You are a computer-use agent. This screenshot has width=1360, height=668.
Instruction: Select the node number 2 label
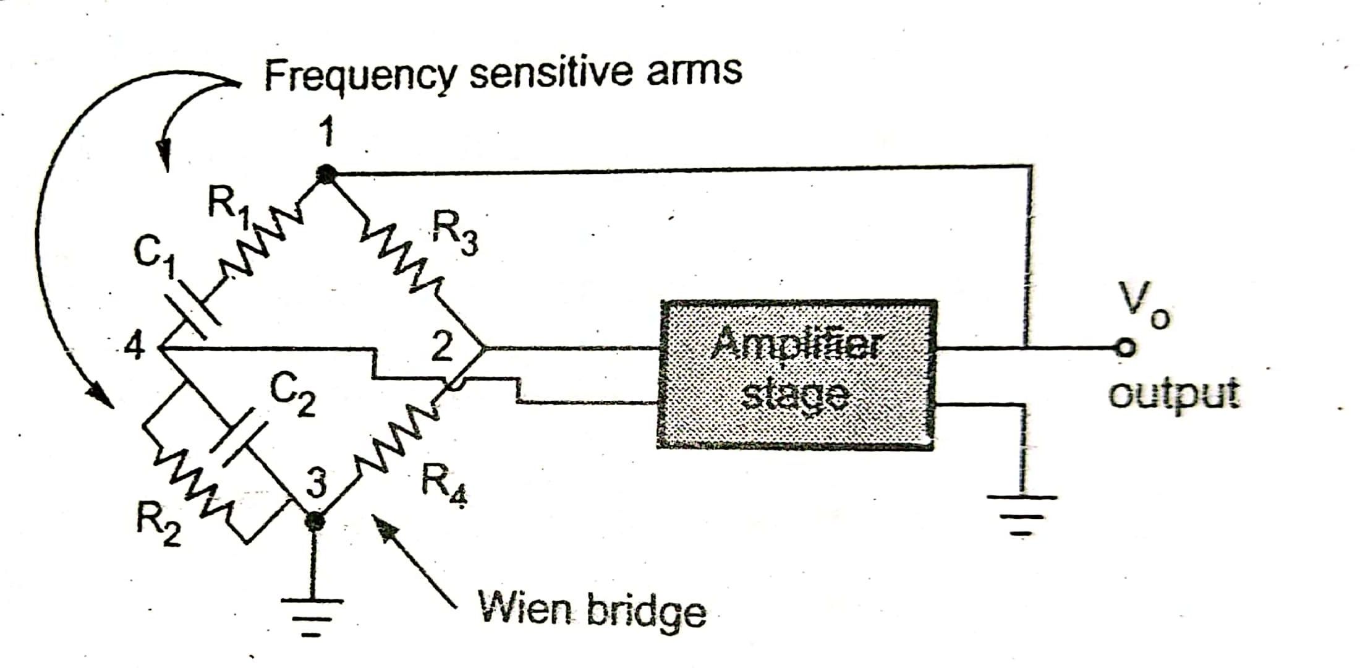(x=441, y=347)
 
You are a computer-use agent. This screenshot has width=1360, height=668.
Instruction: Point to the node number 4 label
(x=135, y=347)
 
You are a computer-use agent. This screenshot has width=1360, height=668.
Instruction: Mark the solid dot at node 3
(x=315, y=521)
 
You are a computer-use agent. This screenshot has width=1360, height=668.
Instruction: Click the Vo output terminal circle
(x=1126, y=348)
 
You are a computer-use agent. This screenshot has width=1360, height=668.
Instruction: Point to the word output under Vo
(x=1173, y=394)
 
